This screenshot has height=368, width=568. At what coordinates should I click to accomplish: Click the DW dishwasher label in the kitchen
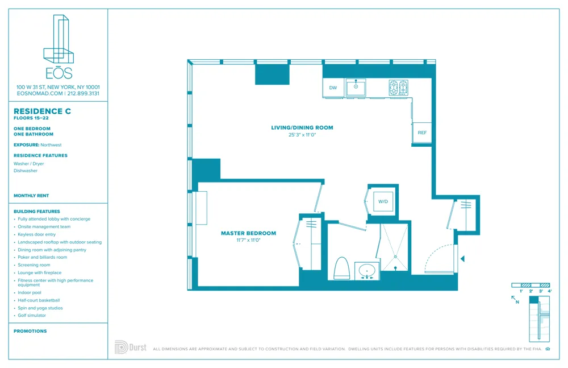333,88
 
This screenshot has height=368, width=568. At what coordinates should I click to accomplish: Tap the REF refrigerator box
421,133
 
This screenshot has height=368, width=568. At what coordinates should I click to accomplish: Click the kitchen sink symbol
356,87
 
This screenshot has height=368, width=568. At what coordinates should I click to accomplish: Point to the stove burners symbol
398,87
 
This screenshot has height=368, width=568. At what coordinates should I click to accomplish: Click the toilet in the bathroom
341,268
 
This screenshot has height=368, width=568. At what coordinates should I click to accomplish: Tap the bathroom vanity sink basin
367,270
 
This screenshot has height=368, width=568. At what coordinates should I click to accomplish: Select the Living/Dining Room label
302,127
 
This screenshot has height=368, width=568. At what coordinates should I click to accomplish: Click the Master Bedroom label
248,233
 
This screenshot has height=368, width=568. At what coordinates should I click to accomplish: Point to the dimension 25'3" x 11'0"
302,135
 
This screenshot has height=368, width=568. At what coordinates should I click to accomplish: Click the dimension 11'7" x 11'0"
248,241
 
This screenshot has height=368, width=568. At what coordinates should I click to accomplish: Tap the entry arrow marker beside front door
462,259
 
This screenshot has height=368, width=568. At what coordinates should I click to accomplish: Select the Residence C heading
42,111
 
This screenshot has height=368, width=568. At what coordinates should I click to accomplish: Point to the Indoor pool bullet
30,292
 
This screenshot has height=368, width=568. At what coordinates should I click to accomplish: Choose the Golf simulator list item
32,315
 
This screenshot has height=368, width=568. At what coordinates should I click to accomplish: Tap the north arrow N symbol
515,300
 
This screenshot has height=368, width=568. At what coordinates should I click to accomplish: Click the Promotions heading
30,331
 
